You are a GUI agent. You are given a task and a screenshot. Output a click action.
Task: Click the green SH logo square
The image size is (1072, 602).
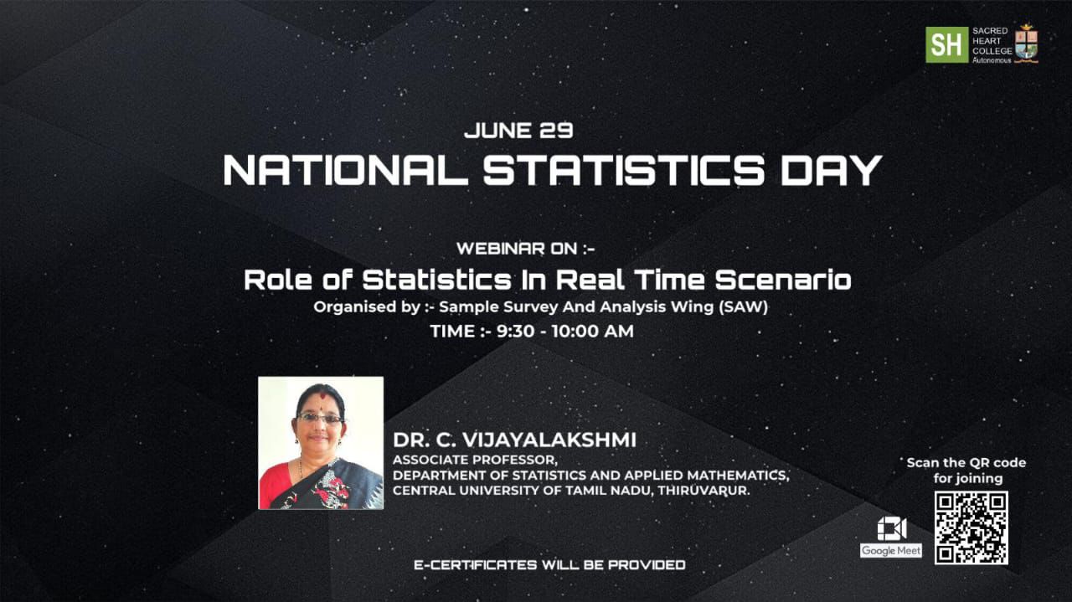click(x=946, y=44)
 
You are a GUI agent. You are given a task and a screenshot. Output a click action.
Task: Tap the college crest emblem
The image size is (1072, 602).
click(x=1026, y=44)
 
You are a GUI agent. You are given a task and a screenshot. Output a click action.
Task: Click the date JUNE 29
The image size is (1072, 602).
click(x=518, y=131)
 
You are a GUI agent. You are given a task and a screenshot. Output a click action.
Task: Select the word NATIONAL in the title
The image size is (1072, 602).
click(x=344, y=170)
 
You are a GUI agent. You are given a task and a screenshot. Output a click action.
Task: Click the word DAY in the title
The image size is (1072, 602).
click(x=832, y=170)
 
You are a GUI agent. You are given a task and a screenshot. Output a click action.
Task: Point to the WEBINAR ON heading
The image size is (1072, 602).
click(x=525, y=249)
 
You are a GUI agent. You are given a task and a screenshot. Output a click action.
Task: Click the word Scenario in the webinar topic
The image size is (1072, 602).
click(x=783, y=280)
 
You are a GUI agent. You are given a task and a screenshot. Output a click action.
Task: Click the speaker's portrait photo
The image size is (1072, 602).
click(x=321, y=443)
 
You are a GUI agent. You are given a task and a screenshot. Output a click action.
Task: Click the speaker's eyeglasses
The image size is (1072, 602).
click(x=320, y=419)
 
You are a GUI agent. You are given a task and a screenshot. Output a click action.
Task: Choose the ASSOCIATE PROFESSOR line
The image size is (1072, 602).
click(x=475, y=460)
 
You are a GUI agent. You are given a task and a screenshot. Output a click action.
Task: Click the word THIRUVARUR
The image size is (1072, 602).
click(x=703, y=491)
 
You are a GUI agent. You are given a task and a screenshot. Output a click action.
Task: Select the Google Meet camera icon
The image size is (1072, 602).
click(x=892, y=529)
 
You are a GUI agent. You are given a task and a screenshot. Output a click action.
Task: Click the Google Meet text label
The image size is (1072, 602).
click(x=890, y=551)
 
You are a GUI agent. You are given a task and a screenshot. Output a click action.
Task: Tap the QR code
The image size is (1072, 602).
click(x=971, y=527)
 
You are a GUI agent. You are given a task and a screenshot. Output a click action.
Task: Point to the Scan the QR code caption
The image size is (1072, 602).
click(x=966, y=471)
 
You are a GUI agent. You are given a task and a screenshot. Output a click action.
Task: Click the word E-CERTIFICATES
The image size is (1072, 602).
click(x=475, y=565)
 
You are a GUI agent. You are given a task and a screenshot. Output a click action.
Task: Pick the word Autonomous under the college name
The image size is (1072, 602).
click(x=992, y=61)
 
